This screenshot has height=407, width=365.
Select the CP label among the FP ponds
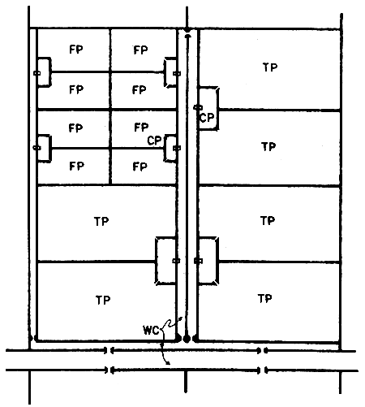155,140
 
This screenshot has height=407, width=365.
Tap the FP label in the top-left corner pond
76,50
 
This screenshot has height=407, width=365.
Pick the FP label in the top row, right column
141,50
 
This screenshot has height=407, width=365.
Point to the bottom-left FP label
76,167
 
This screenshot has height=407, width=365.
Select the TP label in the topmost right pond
270,67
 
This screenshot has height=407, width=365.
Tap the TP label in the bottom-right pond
264,298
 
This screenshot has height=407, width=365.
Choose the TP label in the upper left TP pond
101,220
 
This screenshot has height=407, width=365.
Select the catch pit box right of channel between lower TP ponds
207,260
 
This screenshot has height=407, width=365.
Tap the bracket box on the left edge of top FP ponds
42,73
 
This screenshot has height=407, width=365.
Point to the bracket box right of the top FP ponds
171,73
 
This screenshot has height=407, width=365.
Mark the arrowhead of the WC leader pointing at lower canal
170,363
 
